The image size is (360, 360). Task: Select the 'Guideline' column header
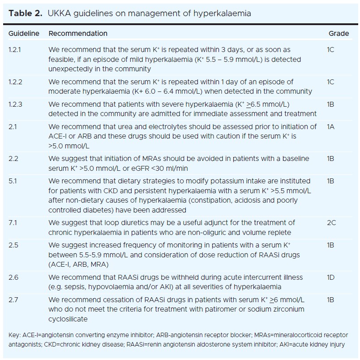click(x=24, y=34)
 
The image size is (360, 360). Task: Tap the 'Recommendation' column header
click(x=78, y=34)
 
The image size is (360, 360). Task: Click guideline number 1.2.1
click(x=15, y=50)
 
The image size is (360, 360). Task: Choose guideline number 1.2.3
click(x=15, y=104)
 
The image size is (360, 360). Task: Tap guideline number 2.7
click(x=13, y=299)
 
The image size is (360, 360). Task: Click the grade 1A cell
click(x=331, y=127)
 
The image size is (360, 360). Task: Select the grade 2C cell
click(x=331, y=222)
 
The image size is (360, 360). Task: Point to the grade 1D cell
click(x=331, y=278)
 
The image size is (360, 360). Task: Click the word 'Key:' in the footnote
click(x=15, y=335)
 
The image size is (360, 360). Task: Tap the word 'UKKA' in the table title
click(x=59, y=13)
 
